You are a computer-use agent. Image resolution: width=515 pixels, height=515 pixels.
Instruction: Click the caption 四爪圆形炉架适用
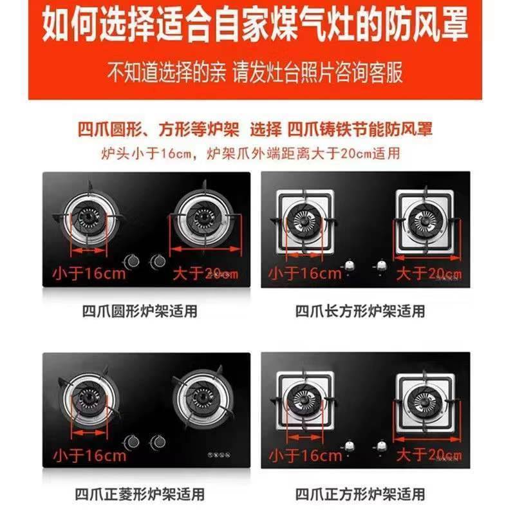(140, 312)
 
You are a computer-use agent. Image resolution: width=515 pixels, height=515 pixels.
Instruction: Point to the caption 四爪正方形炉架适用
(360, 494)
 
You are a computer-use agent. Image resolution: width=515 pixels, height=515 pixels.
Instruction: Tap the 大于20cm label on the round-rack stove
(205, 273)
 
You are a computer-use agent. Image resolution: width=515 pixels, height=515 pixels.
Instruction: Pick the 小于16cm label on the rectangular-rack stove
(305, 273)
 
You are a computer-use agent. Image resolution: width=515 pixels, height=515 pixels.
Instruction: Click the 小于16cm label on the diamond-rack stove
(89, 456)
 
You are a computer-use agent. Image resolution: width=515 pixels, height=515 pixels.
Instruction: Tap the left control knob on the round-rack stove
(133, 261)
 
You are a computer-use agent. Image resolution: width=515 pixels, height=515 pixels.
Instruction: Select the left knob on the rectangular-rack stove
(350, 265)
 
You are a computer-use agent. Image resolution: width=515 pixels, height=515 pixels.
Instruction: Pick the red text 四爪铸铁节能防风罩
(360, 129)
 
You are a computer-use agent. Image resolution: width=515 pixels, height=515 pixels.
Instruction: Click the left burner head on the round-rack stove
(89, 220)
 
